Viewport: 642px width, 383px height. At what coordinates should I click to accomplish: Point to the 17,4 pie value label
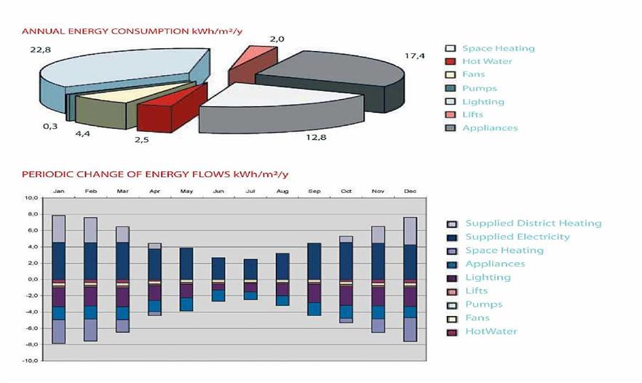point(415,55)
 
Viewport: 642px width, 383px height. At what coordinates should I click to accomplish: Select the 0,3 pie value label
point(50,127)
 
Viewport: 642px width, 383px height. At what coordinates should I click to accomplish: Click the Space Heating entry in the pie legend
point(498,49)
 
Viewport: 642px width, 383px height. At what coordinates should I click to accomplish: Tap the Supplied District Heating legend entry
point(533,224)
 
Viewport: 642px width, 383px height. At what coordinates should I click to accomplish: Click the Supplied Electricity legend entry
point(517,237)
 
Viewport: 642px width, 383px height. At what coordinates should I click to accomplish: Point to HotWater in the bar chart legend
point(491,331)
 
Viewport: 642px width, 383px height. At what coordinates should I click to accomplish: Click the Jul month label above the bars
point(250,191)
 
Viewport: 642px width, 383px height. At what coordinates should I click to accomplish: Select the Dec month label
point(411,191)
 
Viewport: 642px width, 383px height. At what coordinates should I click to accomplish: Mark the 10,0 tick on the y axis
point(30,198)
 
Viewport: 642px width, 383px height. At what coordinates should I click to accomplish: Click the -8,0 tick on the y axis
point(30,344)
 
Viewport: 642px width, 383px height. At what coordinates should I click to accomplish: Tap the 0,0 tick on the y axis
point(31,280)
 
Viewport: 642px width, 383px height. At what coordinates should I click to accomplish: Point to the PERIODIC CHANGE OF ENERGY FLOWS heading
point(155,174)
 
